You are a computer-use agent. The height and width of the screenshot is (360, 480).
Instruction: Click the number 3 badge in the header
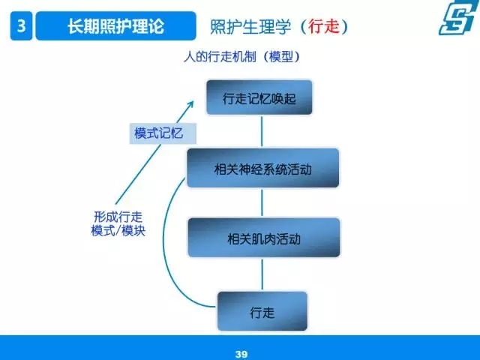pos(21,25)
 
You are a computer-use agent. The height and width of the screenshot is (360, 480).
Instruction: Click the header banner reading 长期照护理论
pos(115,25)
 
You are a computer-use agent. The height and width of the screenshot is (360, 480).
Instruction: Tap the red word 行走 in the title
pos(324,26)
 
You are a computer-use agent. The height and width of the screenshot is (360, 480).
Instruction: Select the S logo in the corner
pos(457,17)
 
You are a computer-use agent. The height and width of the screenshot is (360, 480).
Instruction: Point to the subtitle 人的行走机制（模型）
pos(241,57)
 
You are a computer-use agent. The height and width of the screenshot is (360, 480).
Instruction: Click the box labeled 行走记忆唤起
pos(259,97)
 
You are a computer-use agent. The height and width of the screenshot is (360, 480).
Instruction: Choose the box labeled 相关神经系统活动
pos(263,168)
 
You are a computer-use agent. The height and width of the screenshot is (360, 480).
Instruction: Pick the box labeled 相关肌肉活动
pos(264,238)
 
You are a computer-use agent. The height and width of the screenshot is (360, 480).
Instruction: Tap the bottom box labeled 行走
pos(262,311)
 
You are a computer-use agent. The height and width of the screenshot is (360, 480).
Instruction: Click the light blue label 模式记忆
pos(163,133)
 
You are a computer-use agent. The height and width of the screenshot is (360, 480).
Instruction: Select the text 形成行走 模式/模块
pos(118,223)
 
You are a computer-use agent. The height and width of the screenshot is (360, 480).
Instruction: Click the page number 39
pos(241,354)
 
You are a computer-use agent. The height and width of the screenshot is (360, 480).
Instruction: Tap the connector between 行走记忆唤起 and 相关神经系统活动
pos(262,132)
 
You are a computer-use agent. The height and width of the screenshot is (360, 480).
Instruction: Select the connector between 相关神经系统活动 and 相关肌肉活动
pos(262,202)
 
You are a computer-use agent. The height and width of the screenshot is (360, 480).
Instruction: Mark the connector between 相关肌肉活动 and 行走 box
pos(262,274)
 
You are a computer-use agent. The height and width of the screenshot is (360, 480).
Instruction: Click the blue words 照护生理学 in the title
pos(250,26)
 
